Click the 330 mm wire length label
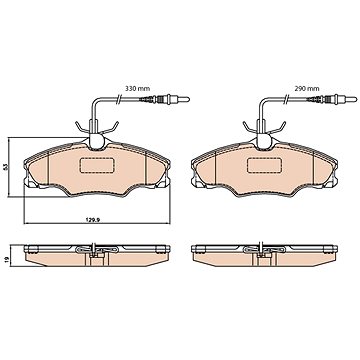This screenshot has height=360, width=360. (137, 89)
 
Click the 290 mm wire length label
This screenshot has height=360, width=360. (307, 89)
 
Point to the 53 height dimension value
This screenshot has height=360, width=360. (5, 167)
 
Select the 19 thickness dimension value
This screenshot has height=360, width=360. (6, 260)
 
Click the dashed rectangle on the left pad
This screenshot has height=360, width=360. (96, 165)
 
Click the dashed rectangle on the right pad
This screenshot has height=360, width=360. (263, 165)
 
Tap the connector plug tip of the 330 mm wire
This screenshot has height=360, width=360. (188, 99)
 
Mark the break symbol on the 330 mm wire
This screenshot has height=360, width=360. (118, 99)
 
